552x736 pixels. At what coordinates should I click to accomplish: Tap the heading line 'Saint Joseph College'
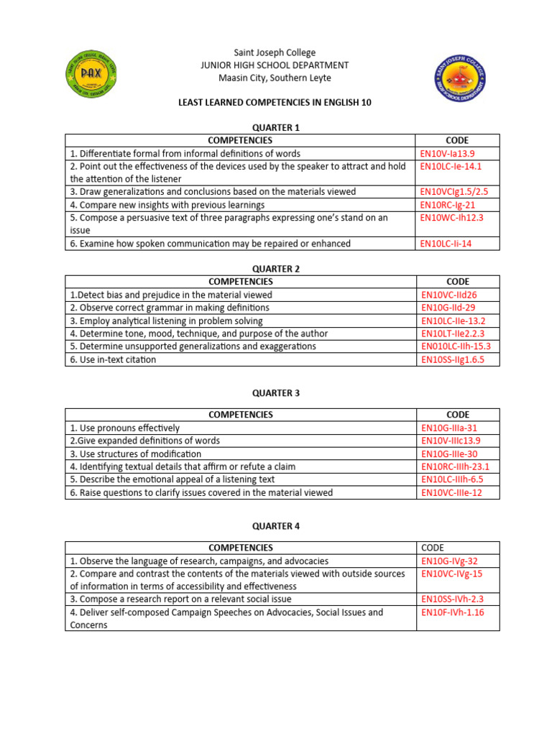click(x=275, y=52)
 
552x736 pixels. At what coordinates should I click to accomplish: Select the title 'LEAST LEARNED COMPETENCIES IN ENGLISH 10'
click(x=275, y=103)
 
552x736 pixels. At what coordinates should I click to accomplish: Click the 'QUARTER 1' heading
click(x=275, y=127)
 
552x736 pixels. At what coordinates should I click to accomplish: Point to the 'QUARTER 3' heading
click(x=275, y=393)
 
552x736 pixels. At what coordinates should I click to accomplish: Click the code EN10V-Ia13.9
click(x=448, y=153)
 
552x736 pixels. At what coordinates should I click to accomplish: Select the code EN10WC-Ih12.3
click(x=452, y=217)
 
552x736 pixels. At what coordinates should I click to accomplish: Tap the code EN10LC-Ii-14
click(x=446, y=244)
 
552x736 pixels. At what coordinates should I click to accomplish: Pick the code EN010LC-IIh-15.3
click(x=456, y=346)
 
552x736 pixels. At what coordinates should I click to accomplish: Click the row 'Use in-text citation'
click(x=113, y=359)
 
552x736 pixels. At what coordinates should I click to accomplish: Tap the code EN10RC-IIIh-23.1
click(x=455, y=466)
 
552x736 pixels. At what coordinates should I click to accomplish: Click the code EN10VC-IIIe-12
click(x=451, y=492)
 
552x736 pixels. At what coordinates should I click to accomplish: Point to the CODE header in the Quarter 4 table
click(x=433, y=548)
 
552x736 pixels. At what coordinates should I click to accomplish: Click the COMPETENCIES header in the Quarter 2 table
click(x=240, y=282)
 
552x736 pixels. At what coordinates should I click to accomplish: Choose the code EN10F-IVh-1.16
click(x=453, y=612)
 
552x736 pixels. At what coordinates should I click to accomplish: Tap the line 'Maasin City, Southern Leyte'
click(x=275, y=78)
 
